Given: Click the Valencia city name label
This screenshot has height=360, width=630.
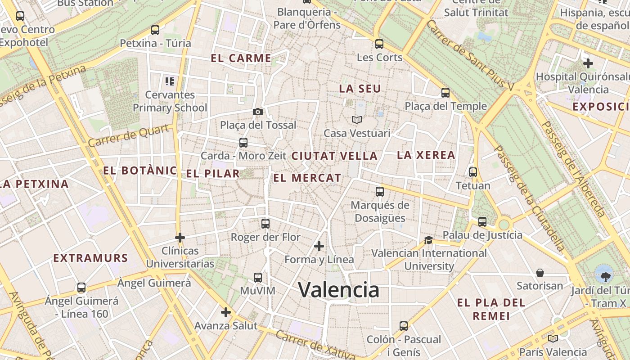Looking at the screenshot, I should [x=339, y=290].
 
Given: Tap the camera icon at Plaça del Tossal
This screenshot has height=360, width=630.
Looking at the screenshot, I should [x=258, y=112].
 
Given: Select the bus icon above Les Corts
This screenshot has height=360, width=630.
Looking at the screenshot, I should [x=379, y=44].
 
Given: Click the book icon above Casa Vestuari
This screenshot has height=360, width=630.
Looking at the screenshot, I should [x=357, y=120].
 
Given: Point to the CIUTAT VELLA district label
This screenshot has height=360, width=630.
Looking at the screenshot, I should [x=334, y=156].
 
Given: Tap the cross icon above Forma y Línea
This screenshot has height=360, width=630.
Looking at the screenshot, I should [x=319, y=246].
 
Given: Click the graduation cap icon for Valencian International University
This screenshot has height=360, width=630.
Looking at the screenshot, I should [x=428, y=240].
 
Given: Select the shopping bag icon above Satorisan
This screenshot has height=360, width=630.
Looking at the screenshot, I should [x=540, y=273].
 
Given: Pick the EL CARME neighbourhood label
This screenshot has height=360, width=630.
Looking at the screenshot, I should [x=241, y=58].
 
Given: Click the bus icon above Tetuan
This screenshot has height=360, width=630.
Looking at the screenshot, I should [x=473, y=172].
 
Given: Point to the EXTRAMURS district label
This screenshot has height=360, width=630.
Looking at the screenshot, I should [x=91, y=258].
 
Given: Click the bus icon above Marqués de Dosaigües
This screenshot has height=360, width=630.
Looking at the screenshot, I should [x=380, y=192].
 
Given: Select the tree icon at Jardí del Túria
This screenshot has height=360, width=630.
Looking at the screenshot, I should [x=603, y=274].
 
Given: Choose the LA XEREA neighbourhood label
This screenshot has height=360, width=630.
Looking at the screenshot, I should [x=426, y=155].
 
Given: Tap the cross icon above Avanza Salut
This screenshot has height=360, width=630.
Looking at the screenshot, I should [x=226, y=312].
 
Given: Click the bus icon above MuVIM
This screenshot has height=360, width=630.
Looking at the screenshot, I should [x=258, y=278].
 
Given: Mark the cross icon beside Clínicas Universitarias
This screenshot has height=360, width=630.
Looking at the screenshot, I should [x=180, y=237].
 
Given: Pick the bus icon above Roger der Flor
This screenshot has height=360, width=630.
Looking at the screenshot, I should [x=265, y=223].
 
